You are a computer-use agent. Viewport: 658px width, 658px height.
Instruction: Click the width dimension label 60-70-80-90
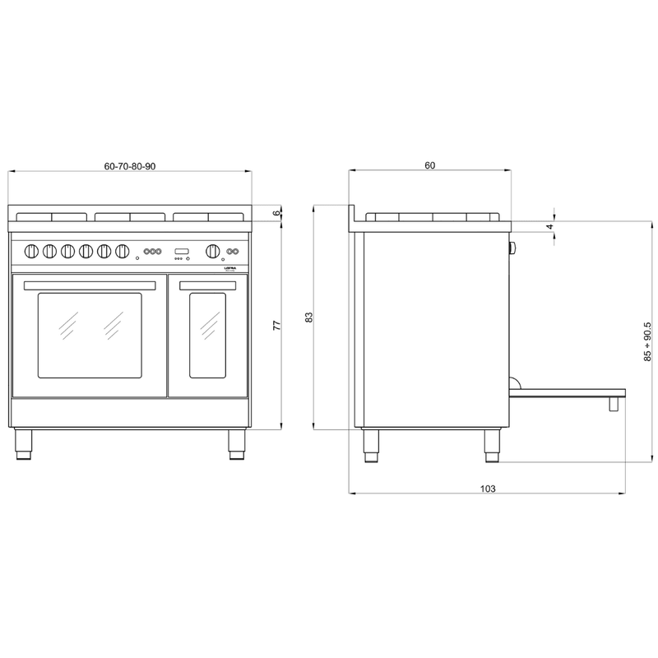point(130,166)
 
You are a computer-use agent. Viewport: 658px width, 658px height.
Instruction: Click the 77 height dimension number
point(277,326)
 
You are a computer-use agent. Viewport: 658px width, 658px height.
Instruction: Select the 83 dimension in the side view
point(309,317)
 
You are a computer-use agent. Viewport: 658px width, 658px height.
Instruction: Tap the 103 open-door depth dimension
point(487,489)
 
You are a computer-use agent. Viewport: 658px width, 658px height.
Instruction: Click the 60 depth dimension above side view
point(429,166)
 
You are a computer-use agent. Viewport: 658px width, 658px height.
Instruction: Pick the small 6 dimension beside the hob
point(277,212)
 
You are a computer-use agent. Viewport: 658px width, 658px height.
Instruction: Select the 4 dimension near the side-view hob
point(549,225)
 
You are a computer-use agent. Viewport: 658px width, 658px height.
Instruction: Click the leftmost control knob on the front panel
point(31,250)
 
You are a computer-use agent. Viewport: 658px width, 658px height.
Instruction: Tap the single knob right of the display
point(213,250)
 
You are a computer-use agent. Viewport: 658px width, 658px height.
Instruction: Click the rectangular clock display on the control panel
point(181,250)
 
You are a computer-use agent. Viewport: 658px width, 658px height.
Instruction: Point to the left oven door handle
point(90,285)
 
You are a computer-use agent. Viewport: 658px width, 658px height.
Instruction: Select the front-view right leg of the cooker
point(237,444)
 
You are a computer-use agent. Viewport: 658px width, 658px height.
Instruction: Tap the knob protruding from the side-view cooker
point(513,248)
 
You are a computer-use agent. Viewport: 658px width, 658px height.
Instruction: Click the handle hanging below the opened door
point(614,404)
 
